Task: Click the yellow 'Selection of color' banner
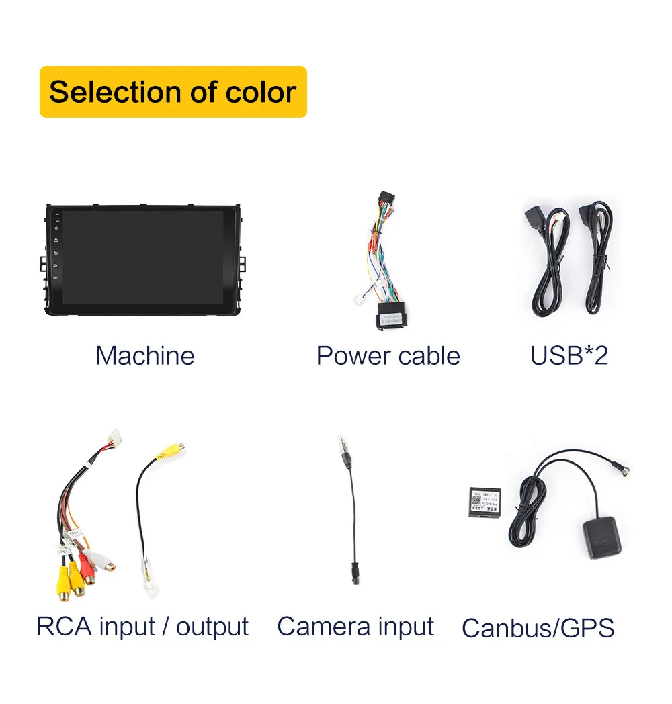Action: pyautogui.click(x=173, y=91)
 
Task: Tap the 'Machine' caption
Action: pyautogui.click(x=144, y=355)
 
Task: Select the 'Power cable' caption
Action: pyautogui.click(x=388, y=355)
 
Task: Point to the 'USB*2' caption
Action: pyautogui.click(x=569, y=355)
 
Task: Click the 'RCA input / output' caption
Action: pyautogui.click(x=142, y=626)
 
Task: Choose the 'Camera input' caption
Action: pyautogui.click(x=355, y=626)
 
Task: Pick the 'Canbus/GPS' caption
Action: pyautogui.click(x=538, y=628)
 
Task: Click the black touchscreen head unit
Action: pyautogui.click(x=144, y=260)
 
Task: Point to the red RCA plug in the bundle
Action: pyautogui.click(x=88, y=568)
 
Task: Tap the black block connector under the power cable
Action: pyautogui.click(x=392, y=316)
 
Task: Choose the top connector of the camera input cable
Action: pyautogui.click(x=345, y=457)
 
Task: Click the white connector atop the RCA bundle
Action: pyautogui.click(x=115, y=437)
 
